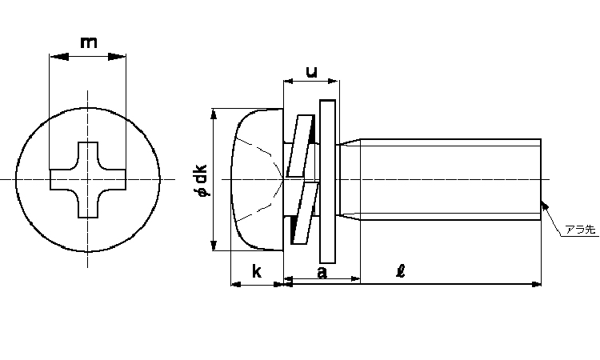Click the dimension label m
click(88, 42)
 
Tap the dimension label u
click(312, 71)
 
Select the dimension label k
click(257, 271)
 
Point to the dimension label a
click(322, 272)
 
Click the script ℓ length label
click(401, 271)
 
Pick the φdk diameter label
click(202, 180)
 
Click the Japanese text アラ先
click(581, 230)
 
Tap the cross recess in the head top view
click(88, 180)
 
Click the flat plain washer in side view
click(327, 182)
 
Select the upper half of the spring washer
click(301, 146)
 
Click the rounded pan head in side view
click(257, 179)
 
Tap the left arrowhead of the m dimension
click(59, 57)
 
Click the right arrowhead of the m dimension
click(117, 57)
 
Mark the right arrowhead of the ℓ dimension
click(537, 284)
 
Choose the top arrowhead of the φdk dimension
click(214, 114)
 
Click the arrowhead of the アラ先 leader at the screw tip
click(545, 206)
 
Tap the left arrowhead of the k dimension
click(236, 284)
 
